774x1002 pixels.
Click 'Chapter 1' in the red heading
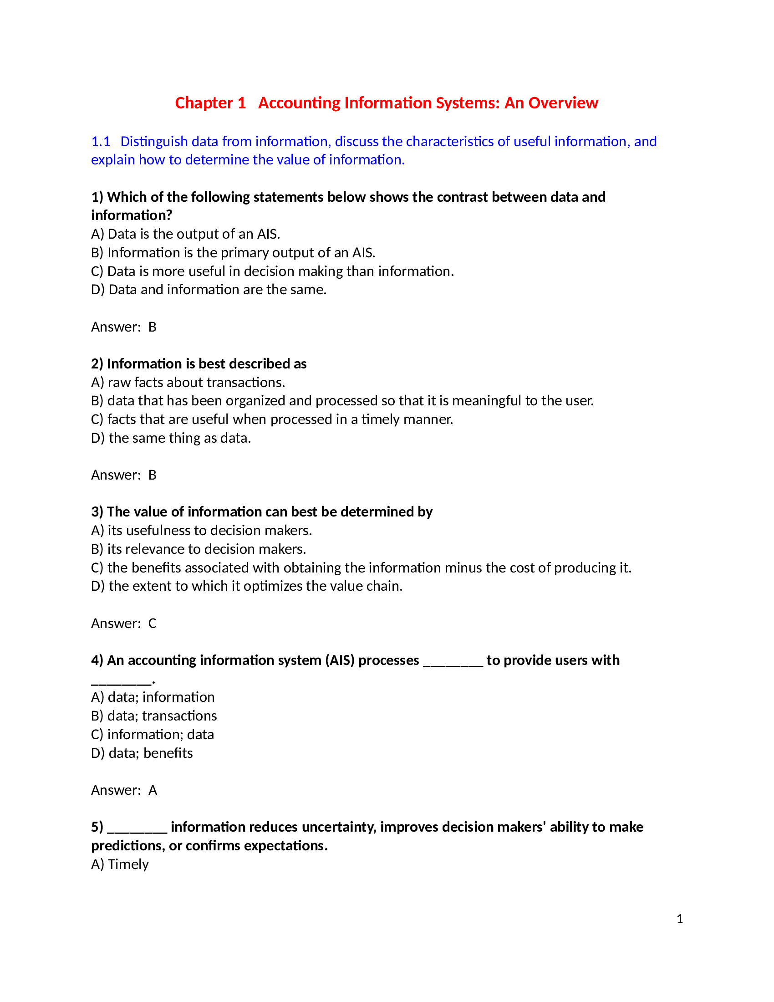(x=210, y=103)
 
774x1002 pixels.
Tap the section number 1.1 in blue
(x=101, y=141)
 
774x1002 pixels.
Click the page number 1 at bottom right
(x=680, y=919)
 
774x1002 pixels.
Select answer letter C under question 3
(x=152, y=623)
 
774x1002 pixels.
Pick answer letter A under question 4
(x=152, y=790)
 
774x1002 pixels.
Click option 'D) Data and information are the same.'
(x=209, y=290)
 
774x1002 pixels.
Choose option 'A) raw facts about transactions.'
(x=188, y=382)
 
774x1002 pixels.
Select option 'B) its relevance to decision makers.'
(x=199, y=549)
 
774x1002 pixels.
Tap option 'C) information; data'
(x=152, y=735)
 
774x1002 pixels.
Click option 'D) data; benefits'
(x=142, y=753)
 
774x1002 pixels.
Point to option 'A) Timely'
(x=120, y=864)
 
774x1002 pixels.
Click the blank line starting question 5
(x=137, y=827)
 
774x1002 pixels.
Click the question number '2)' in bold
(x=97, y=364)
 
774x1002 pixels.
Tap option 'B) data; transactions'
(x=153, y=716)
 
